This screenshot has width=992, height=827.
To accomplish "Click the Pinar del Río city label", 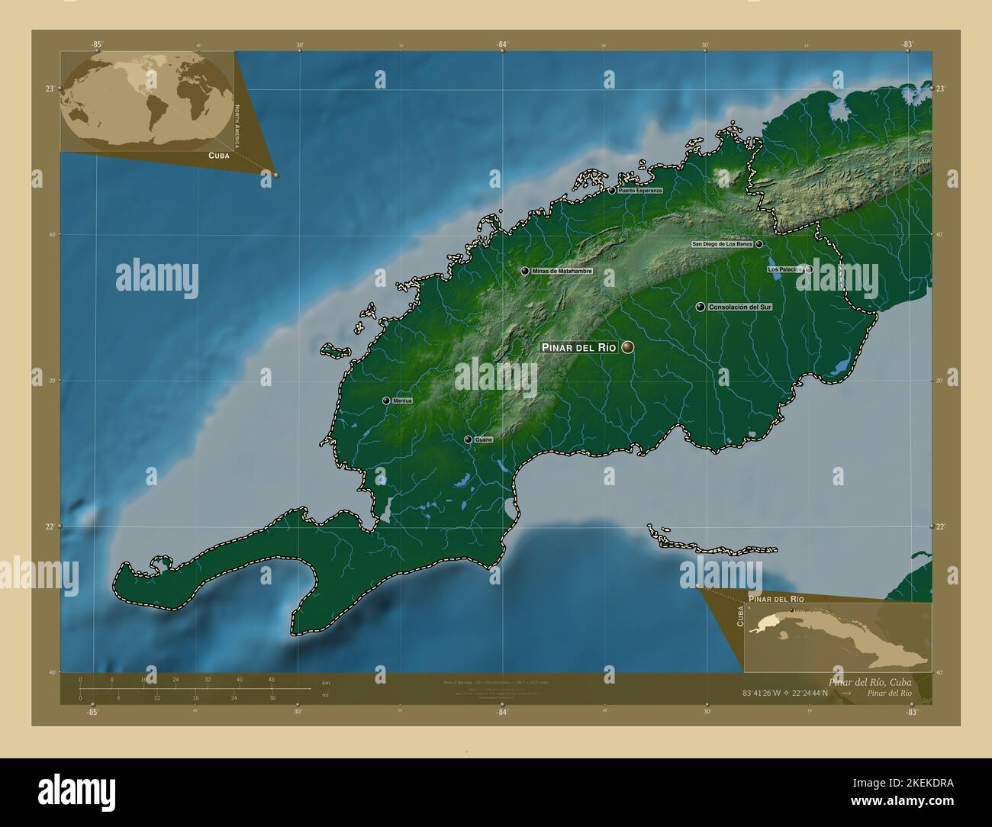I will point(578,347).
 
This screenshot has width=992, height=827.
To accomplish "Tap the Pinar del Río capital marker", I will point(628,347).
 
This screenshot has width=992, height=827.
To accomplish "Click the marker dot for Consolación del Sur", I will point(701,307).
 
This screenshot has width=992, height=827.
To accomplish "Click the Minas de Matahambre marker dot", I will point(525,271).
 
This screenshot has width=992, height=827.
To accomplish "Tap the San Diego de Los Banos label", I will point(722,244).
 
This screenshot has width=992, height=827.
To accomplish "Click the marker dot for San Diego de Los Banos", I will point(759,244).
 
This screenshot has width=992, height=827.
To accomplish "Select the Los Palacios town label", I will point(784,269).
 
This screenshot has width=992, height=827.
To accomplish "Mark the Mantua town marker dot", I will point(386,401).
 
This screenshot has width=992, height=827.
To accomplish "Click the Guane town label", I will point(483,440).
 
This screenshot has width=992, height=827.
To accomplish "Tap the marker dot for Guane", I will point(468,440).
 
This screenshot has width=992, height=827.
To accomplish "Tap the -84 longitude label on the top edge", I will point(501,45).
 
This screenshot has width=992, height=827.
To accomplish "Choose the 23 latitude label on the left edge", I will point(49,88).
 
